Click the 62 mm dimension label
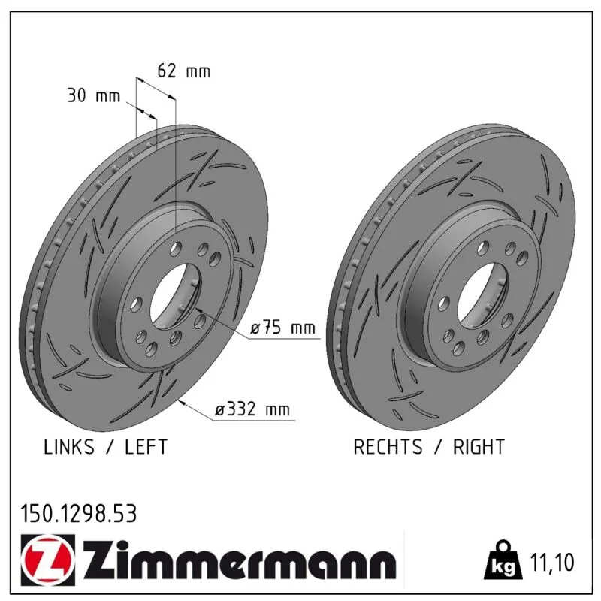184,71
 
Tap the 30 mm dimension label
94,95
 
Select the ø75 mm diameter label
283,328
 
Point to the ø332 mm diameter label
252,409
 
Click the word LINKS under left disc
69,447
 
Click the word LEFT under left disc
146,447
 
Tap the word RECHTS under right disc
388,447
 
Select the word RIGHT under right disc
479,447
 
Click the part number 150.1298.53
79,514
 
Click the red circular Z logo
48,560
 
